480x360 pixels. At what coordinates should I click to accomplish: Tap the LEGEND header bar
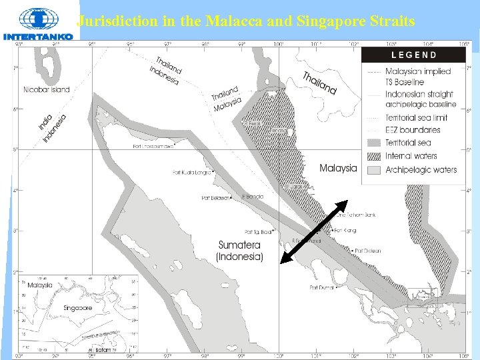413,55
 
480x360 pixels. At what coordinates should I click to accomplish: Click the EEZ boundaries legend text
413,130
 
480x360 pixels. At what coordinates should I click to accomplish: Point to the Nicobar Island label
47,89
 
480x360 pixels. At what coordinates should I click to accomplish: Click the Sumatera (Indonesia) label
239,251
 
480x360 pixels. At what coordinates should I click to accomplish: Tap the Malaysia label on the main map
338,168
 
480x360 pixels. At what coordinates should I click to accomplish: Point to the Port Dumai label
322,287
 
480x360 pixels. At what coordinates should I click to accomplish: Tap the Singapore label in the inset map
77,308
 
